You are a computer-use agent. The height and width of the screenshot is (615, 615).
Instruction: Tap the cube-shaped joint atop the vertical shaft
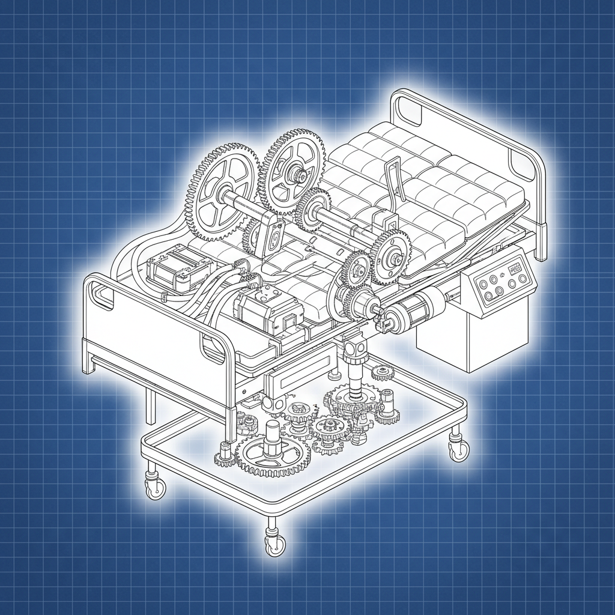(354, 346)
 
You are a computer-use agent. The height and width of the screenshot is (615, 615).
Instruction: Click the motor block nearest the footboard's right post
(267, 309)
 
